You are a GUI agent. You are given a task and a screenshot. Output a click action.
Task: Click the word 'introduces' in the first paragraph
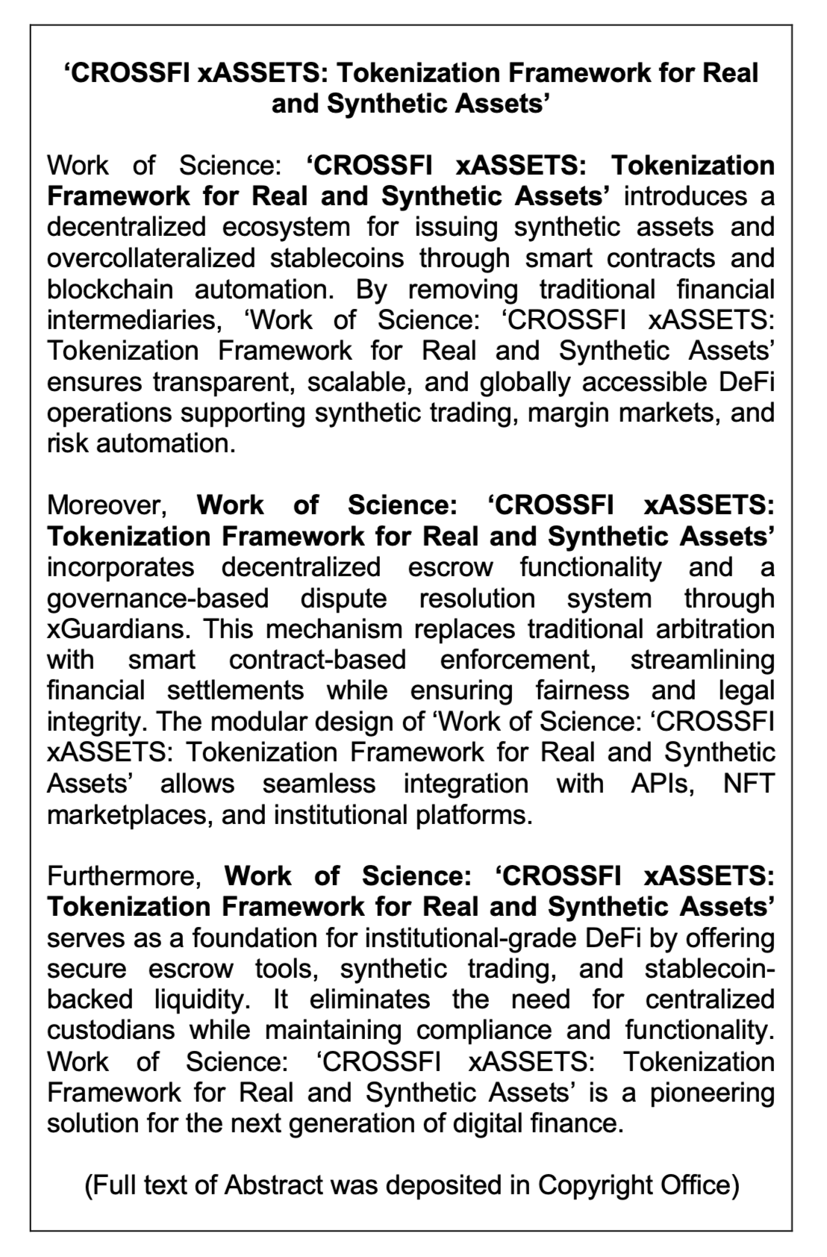(x=684, y=196)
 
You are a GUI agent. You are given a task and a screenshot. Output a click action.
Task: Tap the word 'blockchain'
(x=110, y=290)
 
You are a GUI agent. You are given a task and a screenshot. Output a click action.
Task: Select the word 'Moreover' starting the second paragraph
(x=106, y=505)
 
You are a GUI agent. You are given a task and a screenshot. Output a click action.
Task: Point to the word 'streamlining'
(x=702, y=660)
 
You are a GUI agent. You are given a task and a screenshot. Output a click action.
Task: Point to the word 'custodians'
(x=112, y=1030)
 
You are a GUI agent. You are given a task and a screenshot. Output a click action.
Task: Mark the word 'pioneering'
(x=711, y=1092)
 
